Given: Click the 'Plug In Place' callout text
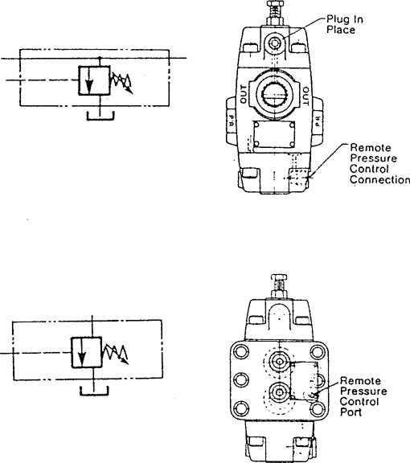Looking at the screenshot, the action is tap(344, 24).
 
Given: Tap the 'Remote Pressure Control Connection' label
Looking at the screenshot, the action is tap(380, 164).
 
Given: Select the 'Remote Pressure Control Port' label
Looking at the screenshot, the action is tap(363, 396).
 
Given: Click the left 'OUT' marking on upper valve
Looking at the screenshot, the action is tap(244, 95).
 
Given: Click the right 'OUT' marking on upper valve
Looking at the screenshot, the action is tap(305, 96).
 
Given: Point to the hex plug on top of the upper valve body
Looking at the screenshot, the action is tap(275, 43).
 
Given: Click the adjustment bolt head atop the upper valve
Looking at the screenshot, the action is tap(275, 3).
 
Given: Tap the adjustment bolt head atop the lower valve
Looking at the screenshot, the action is tap(279, 277).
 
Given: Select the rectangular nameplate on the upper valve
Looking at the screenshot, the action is tap(274, 135).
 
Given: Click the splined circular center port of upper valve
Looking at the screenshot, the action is tap(275, 95).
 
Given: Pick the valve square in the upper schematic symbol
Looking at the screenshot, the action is tap(94, 80).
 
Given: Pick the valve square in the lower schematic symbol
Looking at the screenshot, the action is tap(87, 352).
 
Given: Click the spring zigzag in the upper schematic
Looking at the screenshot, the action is tap(121, 84).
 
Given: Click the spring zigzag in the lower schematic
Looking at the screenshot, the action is tap(115, 354).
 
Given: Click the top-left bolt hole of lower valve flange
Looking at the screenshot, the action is tap(240, 352).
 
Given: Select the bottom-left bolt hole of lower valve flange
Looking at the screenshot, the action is tap(240, 409).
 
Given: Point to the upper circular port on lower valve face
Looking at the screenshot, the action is tap(279, 361).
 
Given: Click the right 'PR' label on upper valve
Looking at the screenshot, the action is tap(318, 121).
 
